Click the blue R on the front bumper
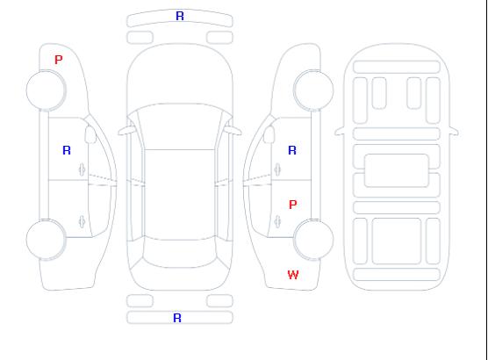point(180,16)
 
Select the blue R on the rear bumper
point(177,318)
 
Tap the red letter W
point(293,275)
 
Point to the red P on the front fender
point(59,60)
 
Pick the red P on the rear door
point(293,205)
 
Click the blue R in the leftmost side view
point(67,150)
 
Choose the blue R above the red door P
point(292,150)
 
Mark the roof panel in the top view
point(180,195)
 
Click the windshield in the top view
point(180,126)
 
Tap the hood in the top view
point(180,75)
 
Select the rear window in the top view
point(180,253)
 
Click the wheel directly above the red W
point(313,239)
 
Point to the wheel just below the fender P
point(46,90)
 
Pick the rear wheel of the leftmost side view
point(46,239)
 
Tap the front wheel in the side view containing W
point(313,90)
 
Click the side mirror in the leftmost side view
point(90,134)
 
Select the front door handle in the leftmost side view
point(83,169)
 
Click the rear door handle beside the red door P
point(277,221)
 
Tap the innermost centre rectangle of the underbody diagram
point(396,170)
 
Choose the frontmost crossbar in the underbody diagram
point(397,67)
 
